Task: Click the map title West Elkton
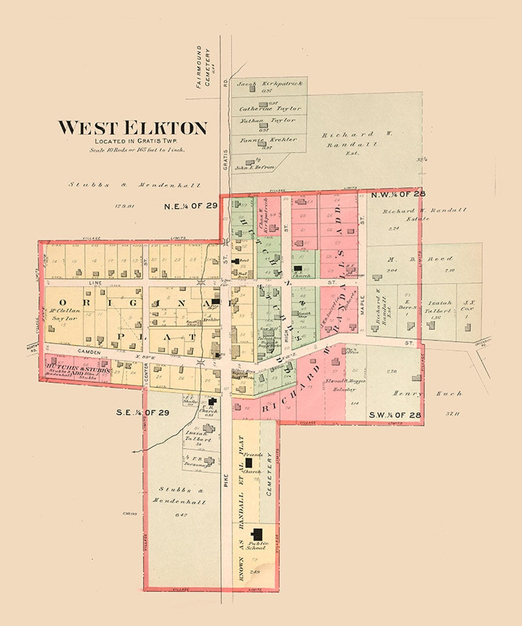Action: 133,128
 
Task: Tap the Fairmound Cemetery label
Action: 203,67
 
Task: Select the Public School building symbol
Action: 257,534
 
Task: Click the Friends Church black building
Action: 248,462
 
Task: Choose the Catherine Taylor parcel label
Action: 270,109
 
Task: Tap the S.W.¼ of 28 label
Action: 395,415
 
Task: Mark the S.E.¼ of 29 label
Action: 143,413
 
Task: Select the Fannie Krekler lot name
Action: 269,140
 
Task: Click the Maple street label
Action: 362,307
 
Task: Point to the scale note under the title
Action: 137,150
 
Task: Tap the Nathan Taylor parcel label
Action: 269,121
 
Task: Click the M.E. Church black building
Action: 299,268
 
